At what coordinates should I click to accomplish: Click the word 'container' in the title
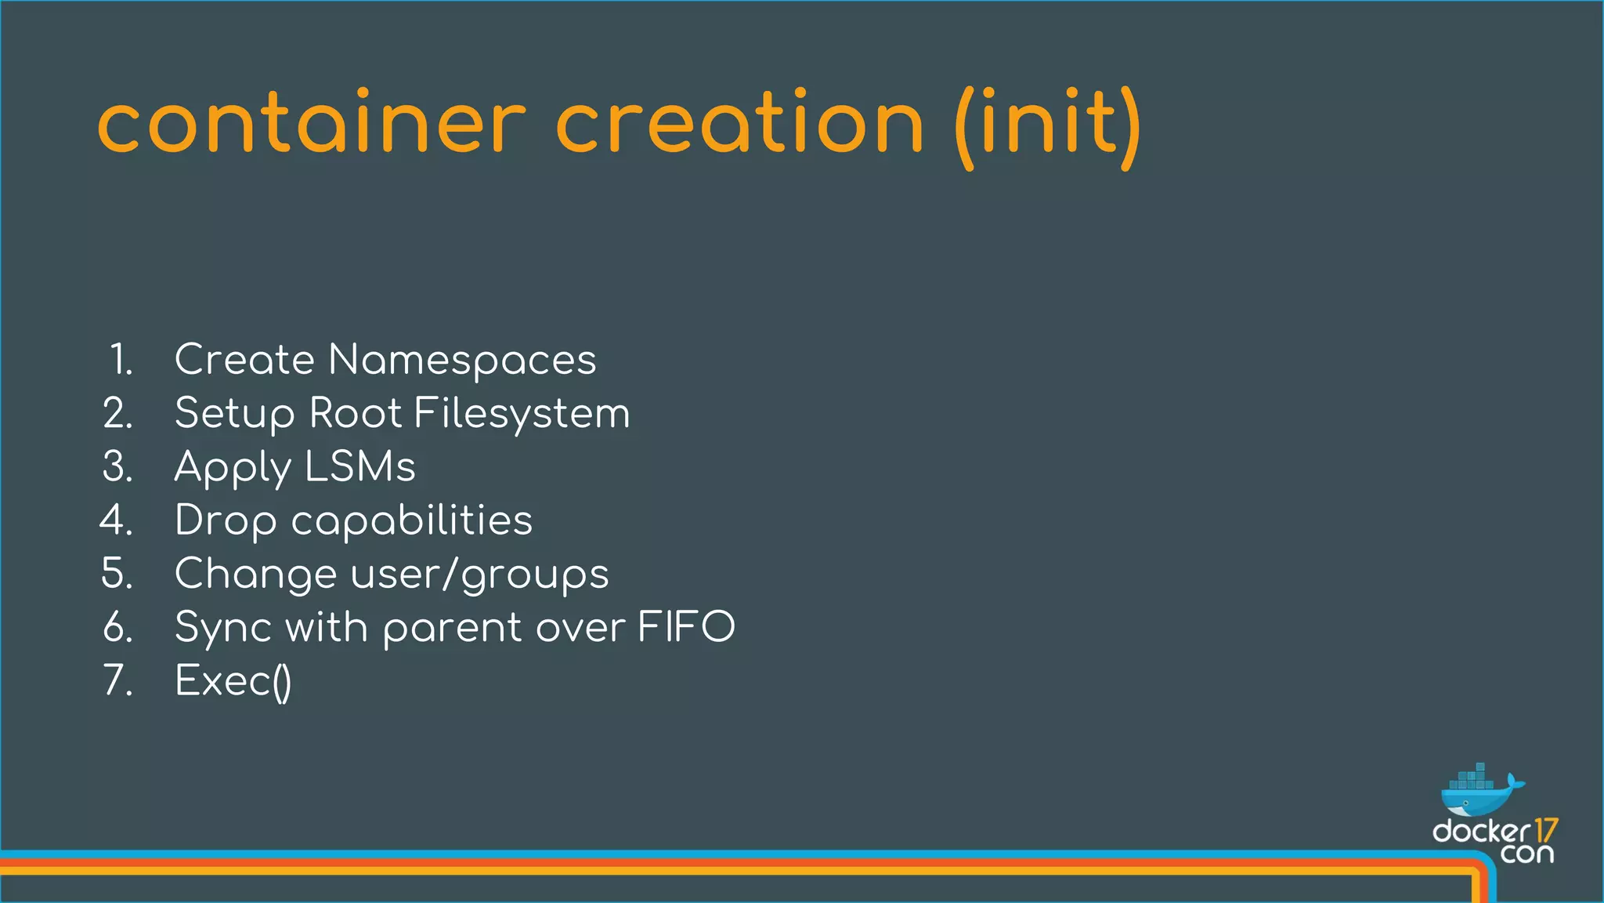click(x=312, y=125)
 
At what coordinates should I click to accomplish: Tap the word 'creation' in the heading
click(x=739, y=125)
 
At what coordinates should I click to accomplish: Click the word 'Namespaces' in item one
click(x=462, y=361)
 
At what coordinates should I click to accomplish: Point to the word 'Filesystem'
click(x=522, y=414)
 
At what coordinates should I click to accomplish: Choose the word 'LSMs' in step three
click(x=359, y=467)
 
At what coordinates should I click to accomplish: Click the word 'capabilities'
click(x=412, y=520)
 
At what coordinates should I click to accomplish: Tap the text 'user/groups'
click(x=479, y=575)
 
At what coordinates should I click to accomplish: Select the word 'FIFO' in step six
click(x=686, y=627)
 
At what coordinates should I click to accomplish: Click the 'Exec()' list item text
click(x=233, y=681)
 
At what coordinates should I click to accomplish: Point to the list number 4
click(x=116, y=520)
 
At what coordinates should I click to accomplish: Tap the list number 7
click(x=117, y=680)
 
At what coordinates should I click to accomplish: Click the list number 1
click(x=121, y=361)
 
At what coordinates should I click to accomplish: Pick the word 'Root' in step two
click(x=355, y=413)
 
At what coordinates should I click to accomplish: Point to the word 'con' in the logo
click(x=1527, y=854)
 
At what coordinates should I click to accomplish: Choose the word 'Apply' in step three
click(x=232, y=469)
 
